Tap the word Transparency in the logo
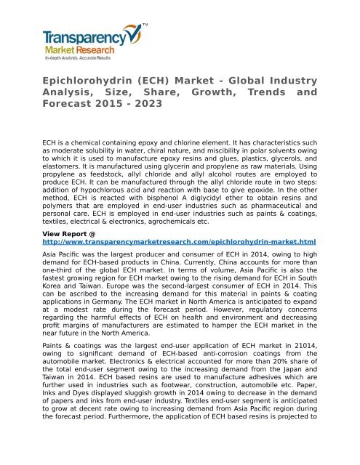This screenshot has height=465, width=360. [x=84, y=36]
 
